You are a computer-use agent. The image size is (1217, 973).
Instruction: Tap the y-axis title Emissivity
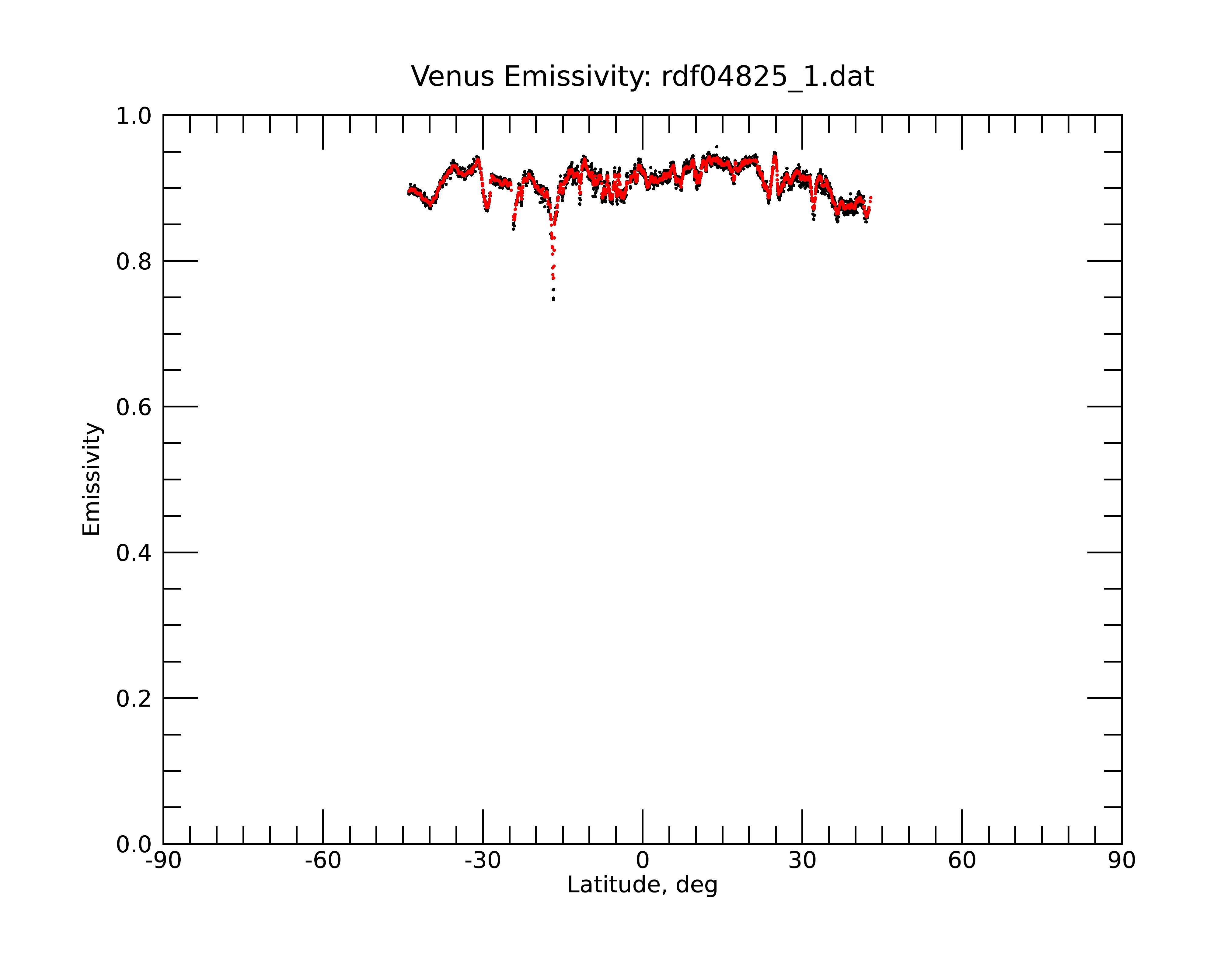[92, 479]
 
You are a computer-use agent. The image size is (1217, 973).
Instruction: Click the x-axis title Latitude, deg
[642, 885]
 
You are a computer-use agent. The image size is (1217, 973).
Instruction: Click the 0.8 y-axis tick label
[134, 262]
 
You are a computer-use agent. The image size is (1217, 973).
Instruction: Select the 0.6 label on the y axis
[134, 407]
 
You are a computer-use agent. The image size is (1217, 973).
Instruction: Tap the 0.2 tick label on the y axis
[134, 699]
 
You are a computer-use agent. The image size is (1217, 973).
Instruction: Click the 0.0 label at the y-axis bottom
[134, 844]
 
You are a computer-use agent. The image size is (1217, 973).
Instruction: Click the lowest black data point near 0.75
[553, 300]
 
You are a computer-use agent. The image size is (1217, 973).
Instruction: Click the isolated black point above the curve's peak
[716, 147]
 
